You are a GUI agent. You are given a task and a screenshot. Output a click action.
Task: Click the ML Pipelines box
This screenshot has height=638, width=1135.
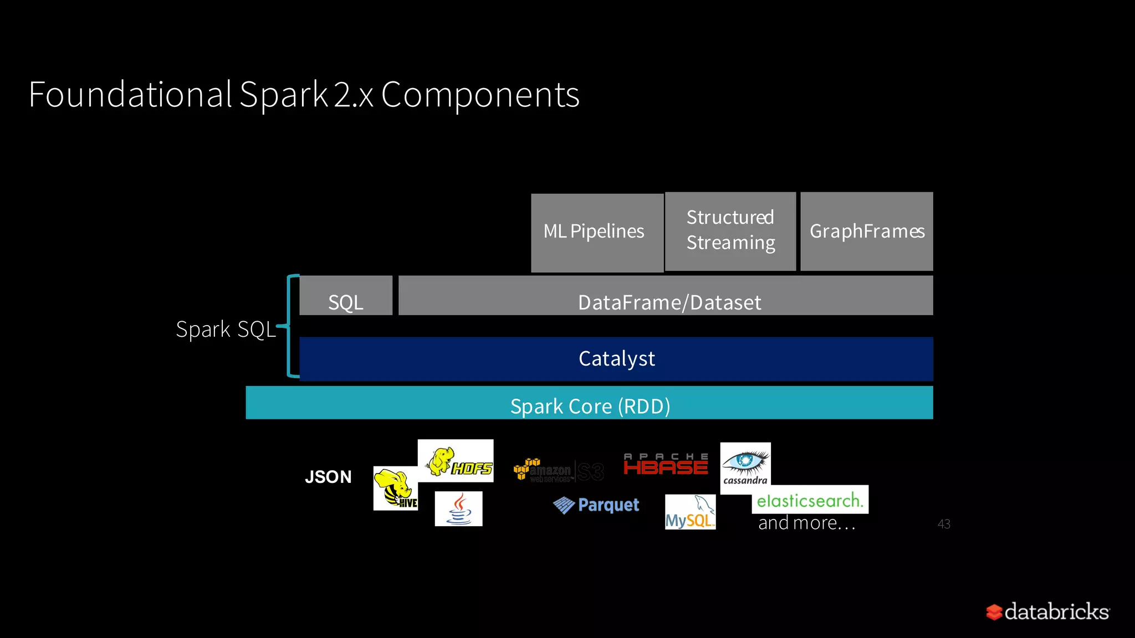tap(596, 232)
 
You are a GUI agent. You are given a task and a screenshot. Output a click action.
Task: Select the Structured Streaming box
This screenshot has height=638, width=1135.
tap(730, 231)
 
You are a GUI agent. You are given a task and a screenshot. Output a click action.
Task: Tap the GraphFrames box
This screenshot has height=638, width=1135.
tap(866, 231)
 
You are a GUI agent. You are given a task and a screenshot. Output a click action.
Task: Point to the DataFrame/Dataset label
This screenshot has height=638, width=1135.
tap(669, 302)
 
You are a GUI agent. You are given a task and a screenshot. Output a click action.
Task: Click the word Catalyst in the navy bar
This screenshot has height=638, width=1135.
tap(616, 359)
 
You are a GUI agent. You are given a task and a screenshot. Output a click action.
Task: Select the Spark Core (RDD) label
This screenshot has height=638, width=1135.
tap(590, 406)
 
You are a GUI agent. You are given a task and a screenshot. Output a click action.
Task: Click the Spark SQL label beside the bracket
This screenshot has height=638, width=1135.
tap(225, 329)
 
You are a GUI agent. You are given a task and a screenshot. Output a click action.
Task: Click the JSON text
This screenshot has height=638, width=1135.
tap(328, 477)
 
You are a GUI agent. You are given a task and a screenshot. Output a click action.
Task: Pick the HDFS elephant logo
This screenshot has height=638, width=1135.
tap(456, 461)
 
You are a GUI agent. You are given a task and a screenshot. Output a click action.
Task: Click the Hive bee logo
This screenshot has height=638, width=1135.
tap(395, 488)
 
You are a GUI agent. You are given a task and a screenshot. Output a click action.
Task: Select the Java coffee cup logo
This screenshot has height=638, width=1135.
tap(458, 509)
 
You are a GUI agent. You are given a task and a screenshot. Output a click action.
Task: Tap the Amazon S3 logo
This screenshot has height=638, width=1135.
tap(558, 471)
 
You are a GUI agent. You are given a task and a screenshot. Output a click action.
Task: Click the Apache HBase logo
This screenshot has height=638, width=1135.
tap(666, 464)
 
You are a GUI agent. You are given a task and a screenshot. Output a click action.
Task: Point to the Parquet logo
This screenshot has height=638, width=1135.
tap(596, 505)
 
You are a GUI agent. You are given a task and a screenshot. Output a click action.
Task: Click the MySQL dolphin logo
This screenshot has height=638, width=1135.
tap(690, 512)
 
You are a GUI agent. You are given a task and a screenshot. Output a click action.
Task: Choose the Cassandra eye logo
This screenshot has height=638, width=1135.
tap(745, 468)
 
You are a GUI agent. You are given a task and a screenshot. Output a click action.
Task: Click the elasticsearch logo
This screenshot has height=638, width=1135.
tap(810, 500)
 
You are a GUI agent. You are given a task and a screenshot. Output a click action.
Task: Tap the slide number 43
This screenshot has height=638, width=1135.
tap(944, 524)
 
